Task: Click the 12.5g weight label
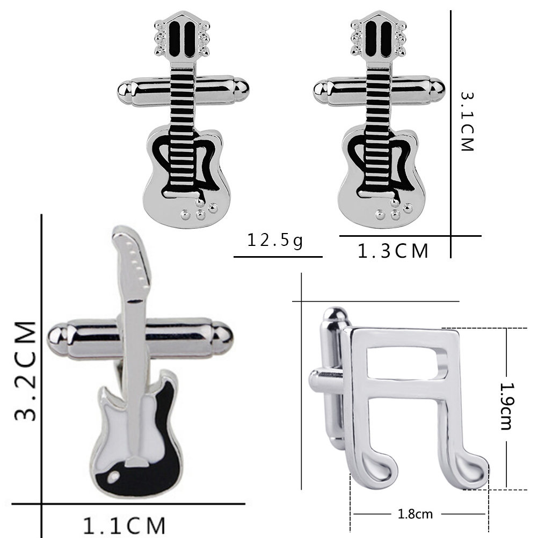tap(275, 241)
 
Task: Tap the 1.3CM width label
tap(393, 251)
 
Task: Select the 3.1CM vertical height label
tap(467, 121)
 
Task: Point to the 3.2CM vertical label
tap(26, 371)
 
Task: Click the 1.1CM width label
tap(124, 526)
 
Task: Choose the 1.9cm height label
tap(506, 406)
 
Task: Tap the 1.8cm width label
tap(415, 514)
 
